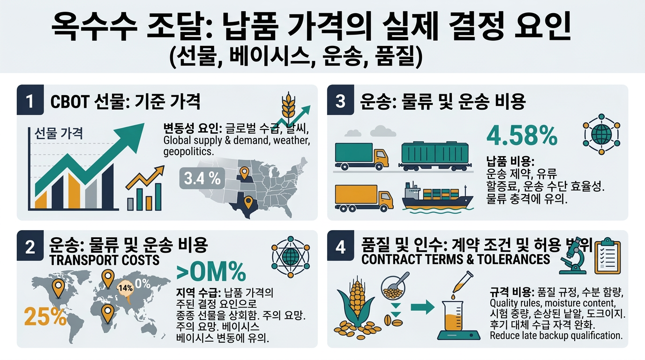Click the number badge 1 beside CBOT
(x=30, y=101)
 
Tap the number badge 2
(x=30, y=247)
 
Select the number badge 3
(x=341, y=101)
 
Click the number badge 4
(x=341, y=247)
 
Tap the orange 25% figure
(x=45, y=317)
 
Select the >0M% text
(x=211, y=271)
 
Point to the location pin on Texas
(x=248, y=202)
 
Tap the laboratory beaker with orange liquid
(x=459, y=319)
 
